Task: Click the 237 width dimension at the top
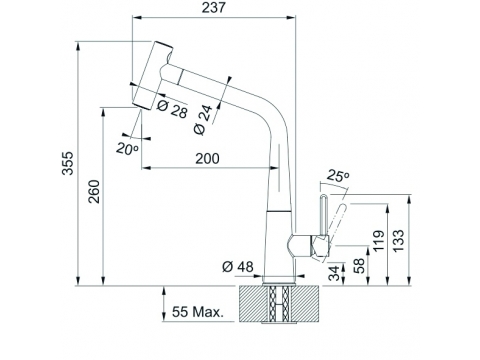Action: pyautogui.click(x=214, y=7)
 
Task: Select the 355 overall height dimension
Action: pyautogui.click(x=68, y=163)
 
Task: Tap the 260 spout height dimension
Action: pyautogui.click(x=94, y=192)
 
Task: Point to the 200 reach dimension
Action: pyautogui.click(x=207, y=159)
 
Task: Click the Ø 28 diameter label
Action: pyautogui.click(x=172, y=109)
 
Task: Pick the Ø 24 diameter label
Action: pyautogui.click(x=203, y=120)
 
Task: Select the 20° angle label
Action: pyautogui.click(x=127, y=148)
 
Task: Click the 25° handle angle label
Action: pyautogui.click(x=338, y=175)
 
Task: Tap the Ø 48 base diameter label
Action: pyautogui.click(x=238, y=267)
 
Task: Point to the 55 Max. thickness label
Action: pyautogui.click(x=197, y=312)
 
